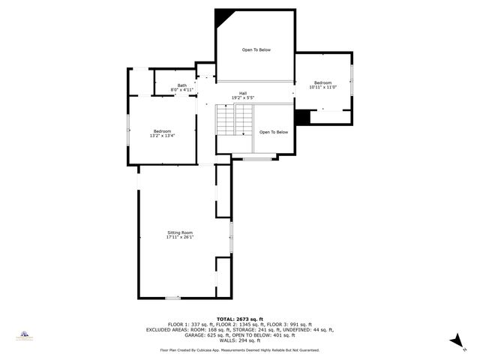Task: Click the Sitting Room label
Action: (180, 232)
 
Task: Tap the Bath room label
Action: (182, 85)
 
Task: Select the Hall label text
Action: (243, 93)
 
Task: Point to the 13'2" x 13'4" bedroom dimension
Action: (163, 136)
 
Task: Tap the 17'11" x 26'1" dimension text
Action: (180, 238)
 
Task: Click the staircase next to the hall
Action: (235, 120)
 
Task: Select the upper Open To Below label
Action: (256, 50)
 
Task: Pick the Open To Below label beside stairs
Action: (274, 132)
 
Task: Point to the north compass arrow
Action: (454, 341)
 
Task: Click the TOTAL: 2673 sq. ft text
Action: (239, 319)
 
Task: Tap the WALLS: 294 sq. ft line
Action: (239, 340)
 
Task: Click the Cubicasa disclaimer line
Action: (239, 349)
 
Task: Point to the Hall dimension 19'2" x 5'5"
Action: (243, 98)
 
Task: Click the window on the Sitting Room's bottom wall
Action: (173, 298)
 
